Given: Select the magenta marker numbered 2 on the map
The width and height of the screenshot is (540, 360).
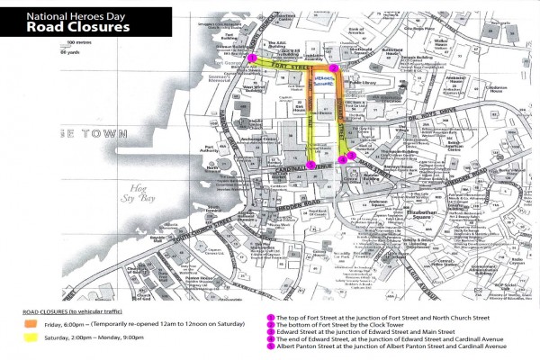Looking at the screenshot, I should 335,68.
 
